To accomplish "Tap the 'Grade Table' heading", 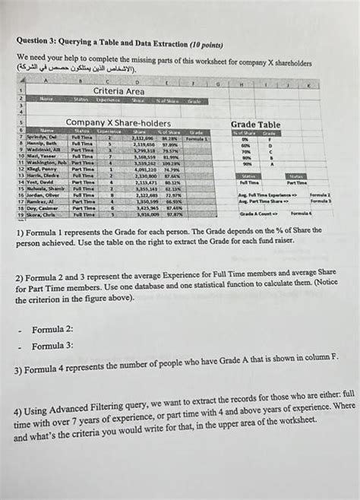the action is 255,125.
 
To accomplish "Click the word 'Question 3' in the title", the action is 36,43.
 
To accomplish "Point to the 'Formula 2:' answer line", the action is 52,330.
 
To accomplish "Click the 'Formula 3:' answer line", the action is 52,346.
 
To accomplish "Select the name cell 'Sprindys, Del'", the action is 42,137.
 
